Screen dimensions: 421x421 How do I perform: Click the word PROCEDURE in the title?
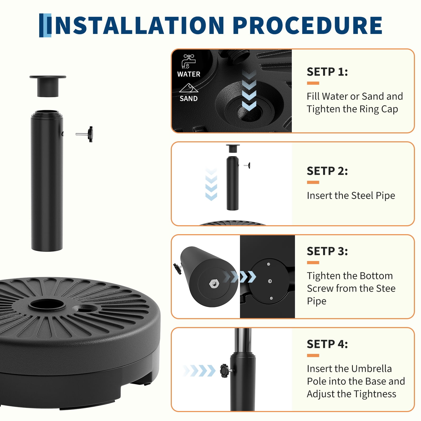coord(308,25)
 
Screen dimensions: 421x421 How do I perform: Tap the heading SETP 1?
coord(327,72)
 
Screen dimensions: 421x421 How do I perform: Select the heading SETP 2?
coord(327,171)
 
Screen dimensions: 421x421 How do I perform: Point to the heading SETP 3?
coord(327,251)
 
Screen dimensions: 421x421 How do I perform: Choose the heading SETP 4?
coord(327,344)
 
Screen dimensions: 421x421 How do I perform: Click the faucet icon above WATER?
coord(188,61)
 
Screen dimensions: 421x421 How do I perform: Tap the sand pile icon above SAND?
coord(189,88)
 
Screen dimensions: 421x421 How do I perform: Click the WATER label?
coord(189,74)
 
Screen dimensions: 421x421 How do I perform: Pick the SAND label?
coord(189,99)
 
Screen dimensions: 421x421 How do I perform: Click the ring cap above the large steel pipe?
coord(48,86)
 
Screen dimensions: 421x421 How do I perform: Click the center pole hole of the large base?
coord(47,305)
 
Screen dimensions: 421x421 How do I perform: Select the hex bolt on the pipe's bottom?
coord(213,283)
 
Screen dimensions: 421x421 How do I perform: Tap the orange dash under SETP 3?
coord(313,263)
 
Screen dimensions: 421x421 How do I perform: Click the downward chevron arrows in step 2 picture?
coord(211,184)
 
